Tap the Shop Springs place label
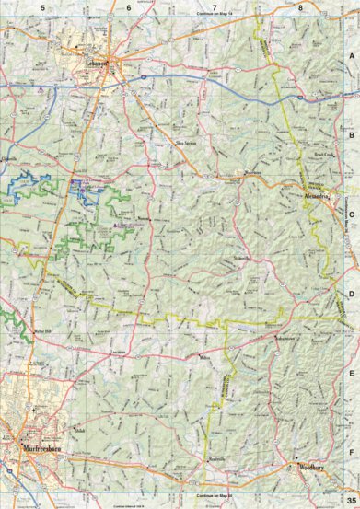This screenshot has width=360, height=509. coord(187,144)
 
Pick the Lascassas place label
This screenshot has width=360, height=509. coord(117,354)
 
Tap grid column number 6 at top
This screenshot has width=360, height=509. coord(128,7)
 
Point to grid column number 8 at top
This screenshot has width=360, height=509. coord(301,7)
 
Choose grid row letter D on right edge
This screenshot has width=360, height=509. coord(351,294)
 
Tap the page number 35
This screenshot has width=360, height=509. coord(351,500)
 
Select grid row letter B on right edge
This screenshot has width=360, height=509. coord(351,134)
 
